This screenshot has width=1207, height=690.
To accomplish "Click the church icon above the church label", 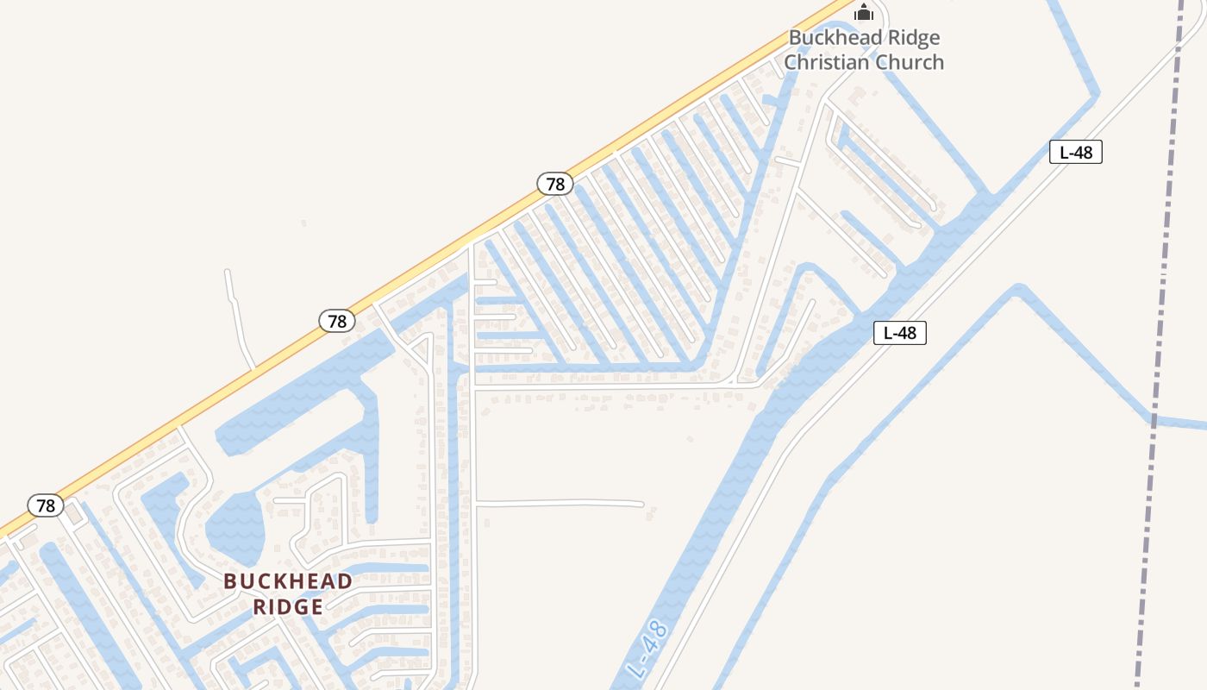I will pyautogui.click(x=864, y=12).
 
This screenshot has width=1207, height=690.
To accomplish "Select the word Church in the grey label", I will pyautogui.click(x=910, y=62).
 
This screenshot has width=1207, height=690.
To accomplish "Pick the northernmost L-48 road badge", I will pyautogui.click(x=1075, y=153).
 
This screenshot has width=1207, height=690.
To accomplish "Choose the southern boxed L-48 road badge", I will pyautogui.click(x=899, y=333).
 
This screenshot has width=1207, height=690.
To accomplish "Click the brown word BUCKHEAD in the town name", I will pyautogui.click(x=288, y=581).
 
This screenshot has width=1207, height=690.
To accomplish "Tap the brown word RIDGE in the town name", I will pyautogui.click(x=288, y=607).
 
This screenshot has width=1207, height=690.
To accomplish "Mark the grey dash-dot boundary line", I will pyautogui.click(x=1160, y=345).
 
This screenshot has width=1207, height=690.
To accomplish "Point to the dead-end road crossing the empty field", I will pyautogui.click(x=560, y=503).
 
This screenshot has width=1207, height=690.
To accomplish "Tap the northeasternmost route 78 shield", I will pyautogui.click(x=555, y=184).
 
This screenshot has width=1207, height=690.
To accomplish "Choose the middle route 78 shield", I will pyautogui.click(x=336, y=321).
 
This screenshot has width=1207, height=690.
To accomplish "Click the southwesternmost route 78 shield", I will pyautogui.click(x=45, y=505).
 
